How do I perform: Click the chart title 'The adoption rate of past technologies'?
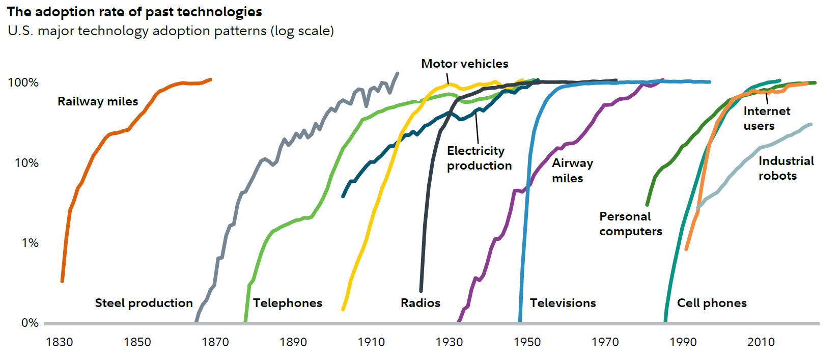(x=134, y=12)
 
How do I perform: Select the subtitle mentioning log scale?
(x=171, y=31)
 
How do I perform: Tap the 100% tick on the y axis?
(x=23, y=82)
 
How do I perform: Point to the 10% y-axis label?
(x=26, y=163)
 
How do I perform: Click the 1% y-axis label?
(x=30, y=243)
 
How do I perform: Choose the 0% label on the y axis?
(x=30, y=323)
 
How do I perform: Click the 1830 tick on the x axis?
(x=60, y=342)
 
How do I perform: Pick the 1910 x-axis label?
(x=371, y=342)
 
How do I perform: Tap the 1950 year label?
(x=527, y=342)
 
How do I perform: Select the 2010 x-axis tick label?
(x=761, y=342)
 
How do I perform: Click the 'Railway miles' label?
(x=98, y=101)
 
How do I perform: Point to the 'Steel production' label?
(x=144, y=303)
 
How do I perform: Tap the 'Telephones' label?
(x=288, y=303)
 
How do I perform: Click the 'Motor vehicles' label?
(x=464, y=64)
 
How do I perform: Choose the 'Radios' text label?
(x=420, y=303)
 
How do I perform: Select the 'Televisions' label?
(x=563, y=303)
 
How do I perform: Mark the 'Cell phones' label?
(x=712, y=303)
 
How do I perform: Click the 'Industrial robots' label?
(x=786, y=168)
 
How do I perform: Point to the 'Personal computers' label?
(x=630, y=224)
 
